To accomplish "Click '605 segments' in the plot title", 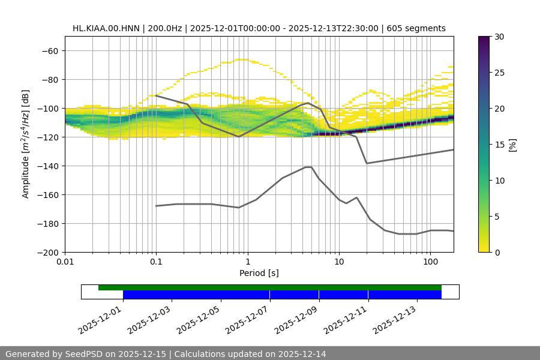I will [x=416, y=28].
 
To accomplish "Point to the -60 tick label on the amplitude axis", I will [x=49, y=51].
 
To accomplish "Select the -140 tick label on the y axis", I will [x=47, y=166].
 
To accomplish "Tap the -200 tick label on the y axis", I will [x=47, y=253].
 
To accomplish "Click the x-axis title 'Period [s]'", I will [x=259, y=274].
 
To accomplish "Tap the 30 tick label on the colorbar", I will [x=499, y=37].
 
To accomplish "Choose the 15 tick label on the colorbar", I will [x=499, y=145].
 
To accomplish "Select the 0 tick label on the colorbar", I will [x=497, y=253].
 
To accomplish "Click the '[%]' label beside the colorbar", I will [x=512, y=145].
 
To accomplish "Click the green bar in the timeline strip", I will [x=270, y=287].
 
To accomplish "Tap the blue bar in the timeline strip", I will [x=282, y=295].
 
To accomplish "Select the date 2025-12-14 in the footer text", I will [x=304, y=354].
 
